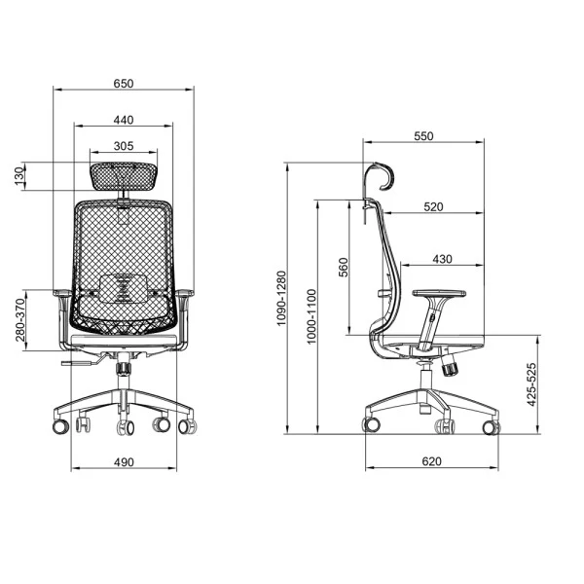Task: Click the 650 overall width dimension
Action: click(x=124, y=84)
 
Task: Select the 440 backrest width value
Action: click(x=124, y=120)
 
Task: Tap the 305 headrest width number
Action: click(x=124, y=146)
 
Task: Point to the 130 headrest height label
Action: click(x=19, y=176)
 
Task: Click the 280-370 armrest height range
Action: click(x=20, y=320)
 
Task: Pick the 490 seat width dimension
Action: click(x=124, y=462)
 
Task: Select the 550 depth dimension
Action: click(x=423, y=136)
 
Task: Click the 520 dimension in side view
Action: click(x=433, y=206)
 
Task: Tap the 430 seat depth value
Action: click(x=442, y=259)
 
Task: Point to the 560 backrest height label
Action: click(x=343, y=267)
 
